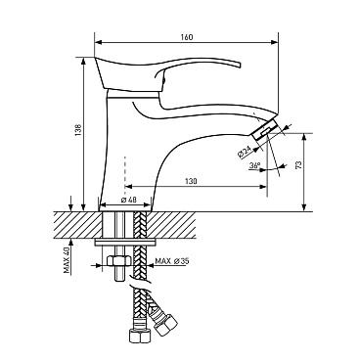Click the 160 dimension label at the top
(187, 37)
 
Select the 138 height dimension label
(78, 130)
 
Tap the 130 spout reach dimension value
(191, 181)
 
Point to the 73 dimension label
(298, 164)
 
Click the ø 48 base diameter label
(128, 200)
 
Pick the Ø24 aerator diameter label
(245, 152)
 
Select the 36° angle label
(254, 165)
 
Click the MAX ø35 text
(172, 261)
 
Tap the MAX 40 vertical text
(67, 260)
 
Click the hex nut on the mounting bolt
(119, 261)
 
